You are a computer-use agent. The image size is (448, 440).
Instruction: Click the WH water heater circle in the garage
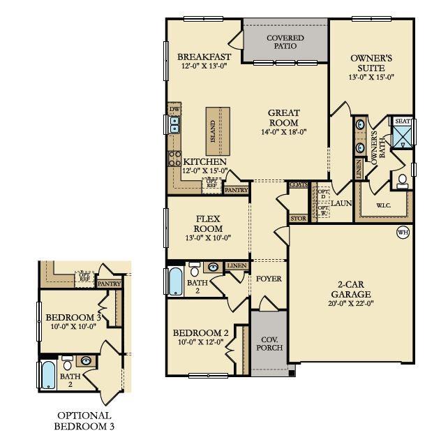(x=403, y=233)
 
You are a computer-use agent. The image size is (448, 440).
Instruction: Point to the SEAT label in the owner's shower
(x=403, y=122)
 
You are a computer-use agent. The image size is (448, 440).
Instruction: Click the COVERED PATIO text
(x=285, y=41)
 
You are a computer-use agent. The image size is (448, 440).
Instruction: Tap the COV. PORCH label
(x=269, y=343)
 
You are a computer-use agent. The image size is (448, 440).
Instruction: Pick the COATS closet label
(x=298, y=184)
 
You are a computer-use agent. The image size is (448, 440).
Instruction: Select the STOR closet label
(x=298, y=219)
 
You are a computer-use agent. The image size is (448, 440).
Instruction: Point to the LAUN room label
(x=341, y=203)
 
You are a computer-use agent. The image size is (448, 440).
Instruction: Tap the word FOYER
(x=269, y=279)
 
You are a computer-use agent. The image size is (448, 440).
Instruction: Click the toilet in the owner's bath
(x=403, y=182)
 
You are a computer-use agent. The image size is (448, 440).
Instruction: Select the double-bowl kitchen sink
(x=174, y=126)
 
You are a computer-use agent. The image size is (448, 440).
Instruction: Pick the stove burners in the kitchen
(x=174, y=159)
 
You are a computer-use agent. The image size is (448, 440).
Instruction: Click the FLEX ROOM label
(x=208, y=223)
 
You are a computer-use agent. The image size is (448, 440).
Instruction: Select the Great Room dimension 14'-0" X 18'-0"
(x=284, y=131)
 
